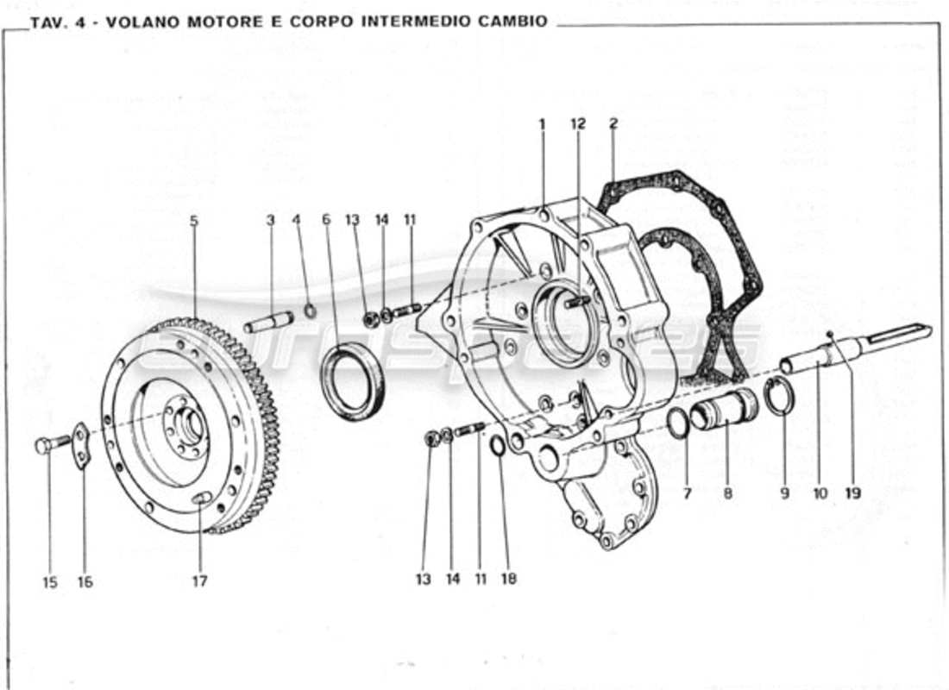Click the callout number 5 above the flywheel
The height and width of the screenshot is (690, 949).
point(194,221)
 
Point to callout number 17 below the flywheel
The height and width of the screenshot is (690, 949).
point(199,581)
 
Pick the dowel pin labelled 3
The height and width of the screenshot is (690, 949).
point(269,323)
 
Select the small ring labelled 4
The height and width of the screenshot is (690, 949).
point(310,310)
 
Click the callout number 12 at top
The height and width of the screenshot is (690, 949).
point(577,124)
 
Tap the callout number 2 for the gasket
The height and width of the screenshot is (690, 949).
point(613,124)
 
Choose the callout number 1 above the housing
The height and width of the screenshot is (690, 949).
point(542,124)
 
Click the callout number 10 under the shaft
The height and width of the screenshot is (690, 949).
point(820,494)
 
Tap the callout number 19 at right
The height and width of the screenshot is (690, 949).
point(852,494)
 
